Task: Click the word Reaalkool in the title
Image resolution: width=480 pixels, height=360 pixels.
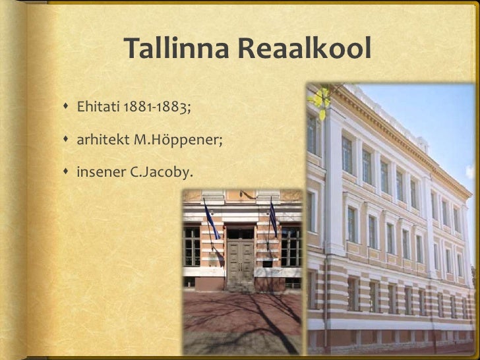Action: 305,49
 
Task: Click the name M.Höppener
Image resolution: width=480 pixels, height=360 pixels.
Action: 177,140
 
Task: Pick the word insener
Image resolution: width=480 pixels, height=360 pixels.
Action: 97,173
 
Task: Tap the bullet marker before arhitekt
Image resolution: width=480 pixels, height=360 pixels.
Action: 67,140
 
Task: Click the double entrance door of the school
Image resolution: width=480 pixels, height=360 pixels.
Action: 241,260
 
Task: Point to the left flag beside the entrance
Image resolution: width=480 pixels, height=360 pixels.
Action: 211,221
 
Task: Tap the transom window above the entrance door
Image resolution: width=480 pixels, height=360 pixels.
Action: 241,233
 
